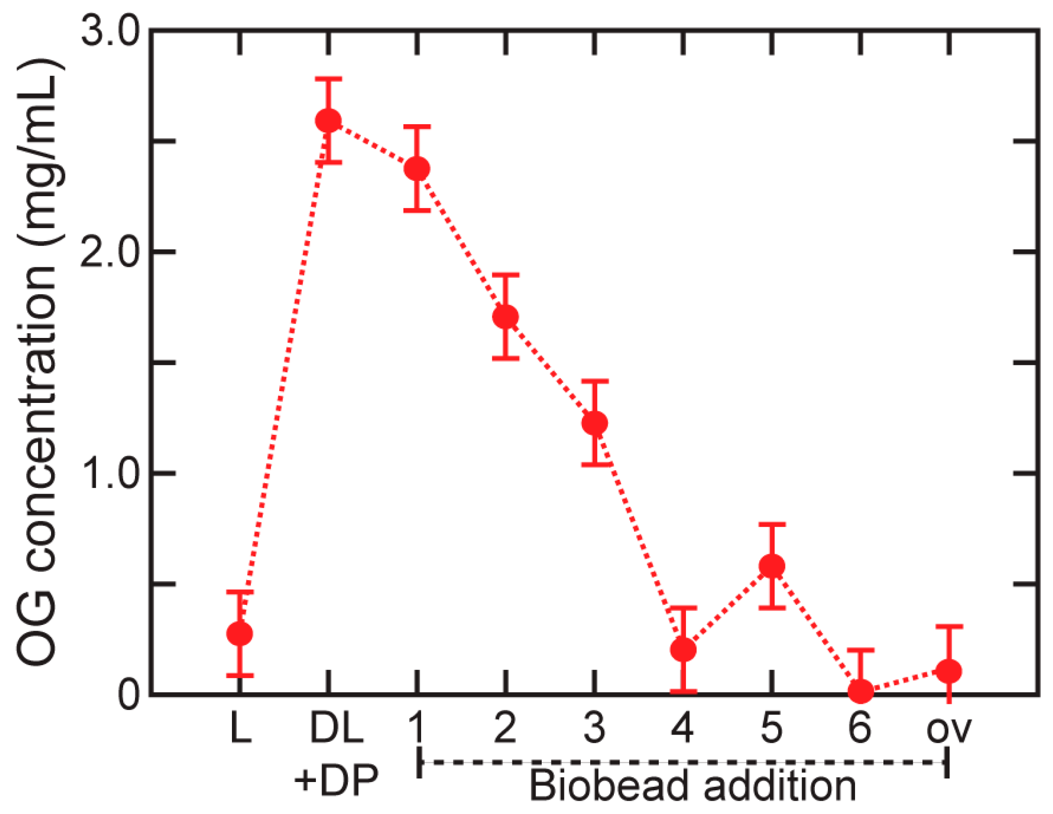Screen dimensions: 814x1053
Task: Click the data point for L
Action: (240, 633)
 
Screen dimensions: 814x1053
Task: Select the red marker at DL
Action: (328, 121)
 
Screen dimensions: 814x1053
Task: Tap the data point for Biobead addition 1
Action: (417, 168)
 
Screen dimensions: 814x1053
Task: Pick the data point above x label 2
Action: (506, 316)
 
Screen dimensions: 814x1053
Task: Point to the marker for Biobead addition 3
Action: (595, 423)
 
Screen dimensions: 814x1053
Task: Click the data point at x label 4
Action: (683, 650)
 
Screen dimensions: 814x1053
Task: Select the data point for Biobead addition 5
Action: (772, 566)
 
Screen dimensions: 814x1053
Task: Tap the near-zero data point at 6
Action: (861, 690)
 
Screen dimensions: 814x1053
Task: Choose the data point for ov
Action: (949, 671)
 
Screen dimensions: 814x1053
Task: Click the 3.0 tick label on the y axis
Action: (110, 32)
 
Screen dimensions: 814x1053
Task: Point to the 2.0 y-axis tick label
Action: (110, 252)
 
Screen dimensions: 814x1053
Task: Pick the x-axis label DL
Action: (337, 727)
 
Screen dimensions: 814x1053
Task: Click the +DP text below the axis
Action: (336, 780)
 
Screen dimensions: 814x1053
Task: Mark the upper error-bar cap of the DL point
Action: (328, 79)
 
